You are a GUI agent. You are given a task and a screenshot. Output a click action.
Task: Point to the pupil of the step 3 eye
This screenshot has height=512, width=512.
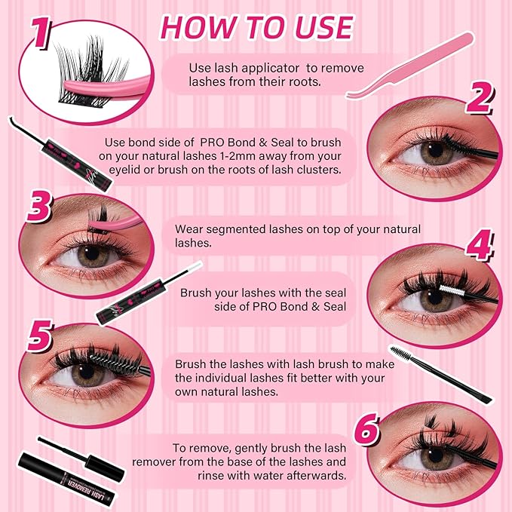coord(92,255)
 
